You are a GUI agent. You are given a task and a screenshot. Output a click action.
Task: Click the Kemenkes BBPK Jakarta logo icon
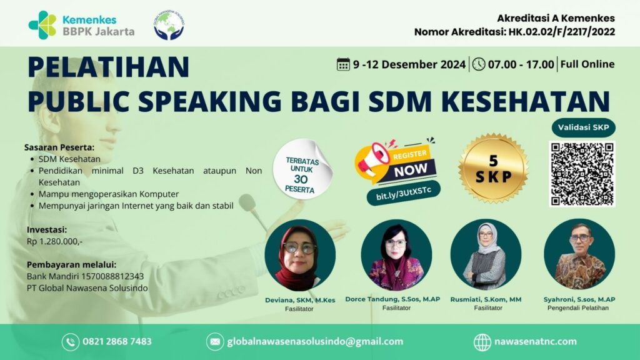tap(42, 25)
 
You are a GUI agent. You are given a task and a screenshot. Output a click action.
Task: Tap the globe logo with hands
tap(169, 26)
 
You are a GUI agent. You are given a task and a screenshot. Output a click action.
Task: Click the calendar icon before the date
tap(343, 64)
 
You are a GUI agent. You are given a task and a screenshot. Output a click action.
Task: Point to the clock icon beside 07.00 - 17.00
tap(479, 64)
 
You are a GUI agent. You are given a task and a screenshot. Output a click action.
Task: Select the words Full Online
tap(587, 64)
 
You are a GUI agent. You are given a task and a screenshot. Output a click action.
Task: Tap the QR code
tap(582, 174)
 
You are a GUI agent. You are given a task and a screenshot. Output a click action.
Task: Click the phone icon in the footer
tap(70, 342)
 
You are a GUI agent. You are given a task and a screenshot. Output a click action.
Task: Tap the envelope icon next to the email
tap(214, 342)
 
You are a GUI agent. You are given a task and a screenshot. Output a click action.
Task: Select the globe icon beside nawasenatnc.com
tap(482, 342)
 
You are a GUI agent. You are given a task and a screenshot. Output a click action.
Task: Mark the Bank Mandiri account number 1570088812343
tap(108, 276)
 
